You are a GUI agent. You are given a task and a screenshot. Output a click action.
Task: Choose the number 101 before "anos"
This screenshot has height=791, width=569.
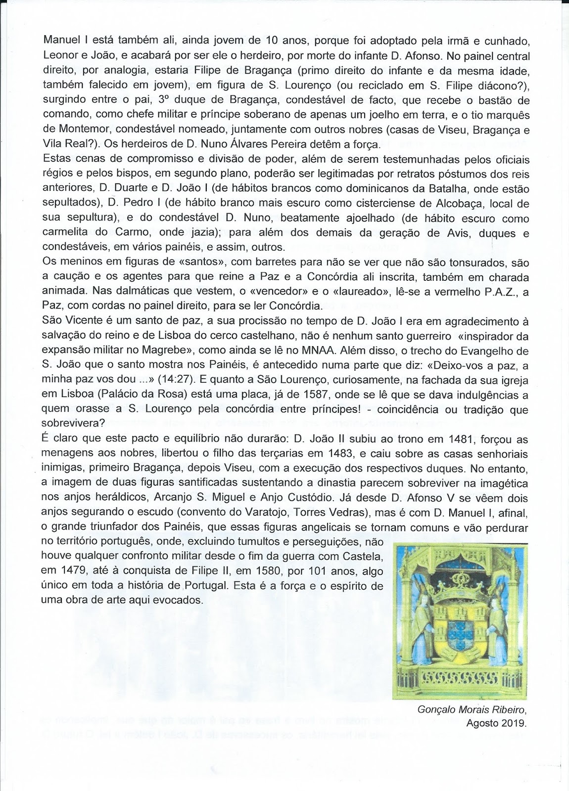pyautogui.click(x=304, y=571)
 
